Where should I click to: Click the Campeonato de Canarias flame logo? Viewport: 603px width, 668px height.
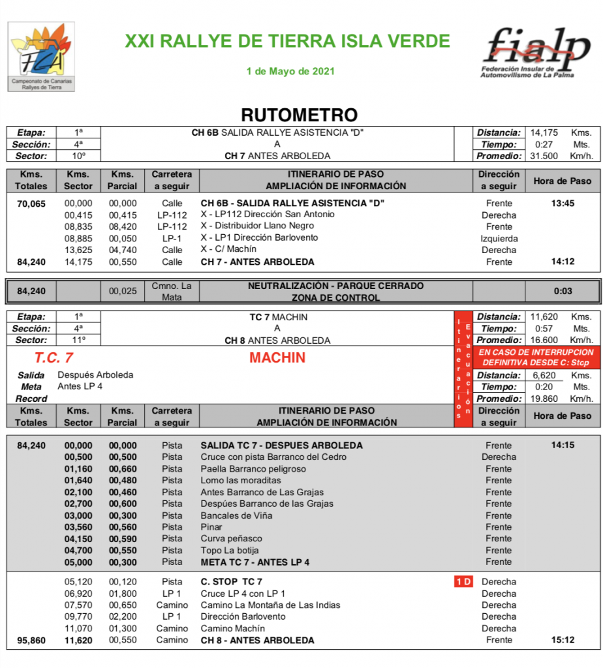(x=41, y=57)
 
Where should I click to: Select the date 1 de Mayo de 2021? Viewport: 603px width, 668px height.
(x=290, y=71)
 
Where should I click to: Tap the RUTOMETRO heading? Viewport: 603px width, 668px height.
(x=300, y=115)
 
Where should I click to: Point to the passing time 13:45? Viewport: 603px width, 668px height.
(x=562, y=204)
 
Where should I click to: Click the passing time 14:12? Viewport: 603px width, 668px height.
(x=562, y=262)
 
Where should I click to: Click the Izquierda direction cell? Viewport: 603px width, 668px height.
(x=499, y=238)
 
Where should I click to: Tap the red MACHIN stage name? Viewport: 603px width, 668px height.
(x=277, y=358)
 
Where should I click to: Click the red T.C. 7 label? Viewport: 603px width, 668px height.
(x=54, y=358)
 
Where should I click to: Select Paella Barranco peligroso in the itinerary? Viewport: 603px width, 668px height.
(x=253, y=469)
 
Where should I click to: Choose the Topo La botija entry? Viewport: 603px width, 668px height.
(x=230, y=550)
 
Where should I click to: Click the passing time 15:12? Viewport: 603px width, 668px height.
(x=562, y=640)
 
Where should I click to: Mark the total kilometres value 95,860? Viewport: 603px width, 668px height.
(x=31, y=641)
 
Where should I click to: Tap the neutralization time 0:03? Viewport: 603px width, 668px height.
(x=562, y=291)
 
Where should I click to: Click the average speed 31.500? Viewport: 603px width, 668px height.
(x=544, y=156)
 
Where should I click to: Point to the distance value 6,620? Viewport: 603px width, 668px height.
(x=544, y=375)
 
